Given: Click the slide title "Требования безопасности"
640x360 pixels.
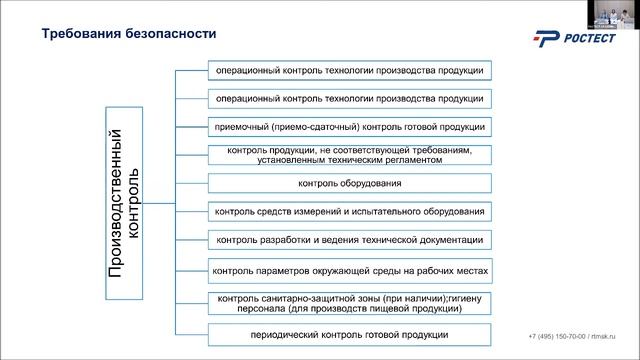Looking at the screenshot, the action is [x=128, y=33].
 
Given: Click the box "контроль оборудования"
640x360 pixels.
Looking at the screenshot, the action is [x=349, y=184].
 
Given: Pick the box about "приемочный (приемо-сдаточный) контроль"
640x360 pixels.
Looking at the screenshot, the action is [x=349, y=127].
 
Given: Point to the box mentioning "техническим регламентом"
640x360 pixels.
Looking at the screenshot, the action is [x=349, y=155].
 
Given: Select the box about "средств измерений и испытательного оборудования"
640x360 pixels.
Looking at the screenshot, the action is [x=349, y=212].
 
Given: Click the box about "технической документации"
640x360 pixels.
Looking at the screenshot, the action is [x=349, y=240].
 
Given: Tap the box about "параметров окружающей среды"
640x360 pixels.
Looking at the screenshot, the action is [x=349, y=270].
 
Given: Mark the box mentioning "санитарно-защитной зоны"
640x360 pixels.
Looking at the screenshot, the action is [x=349, y=303].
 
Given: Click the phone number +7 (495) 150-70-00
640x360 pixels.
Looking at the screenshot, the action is [x=558, y=335].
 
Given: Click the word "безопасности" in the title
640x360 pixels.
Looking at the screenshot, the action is [x=170, y=33].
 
